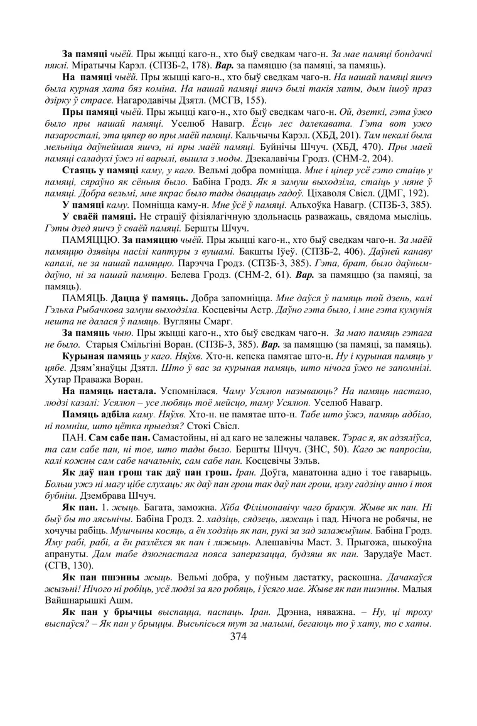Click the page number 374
point(238,636)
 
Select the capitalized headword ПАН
point(72,433)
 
